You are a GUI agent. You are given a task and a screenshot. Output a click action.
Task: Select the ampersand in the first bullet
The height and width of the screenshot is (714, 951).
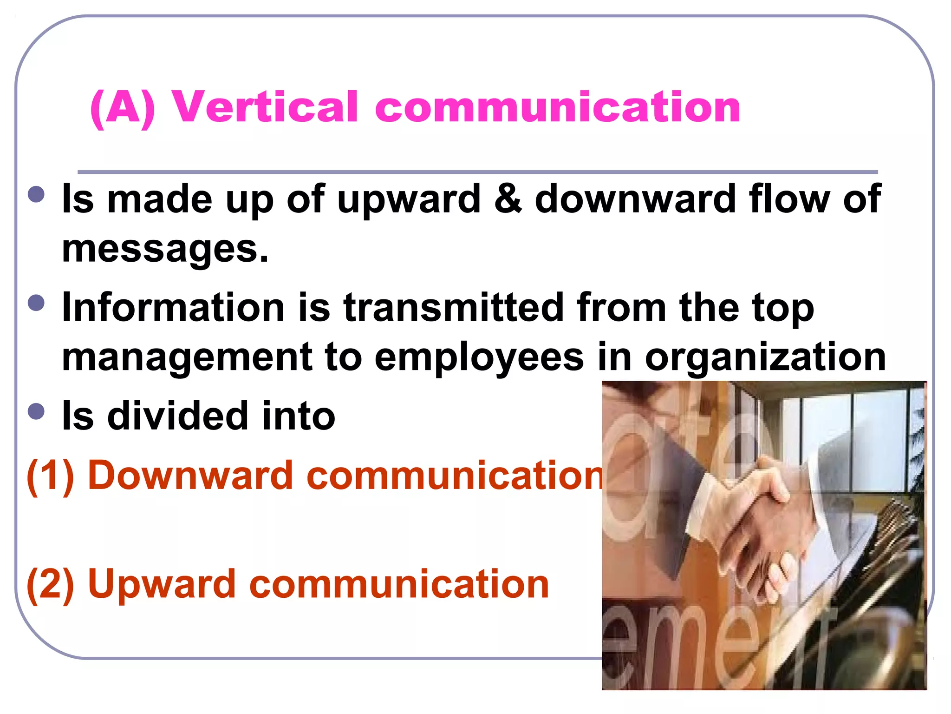[x=507, y=199]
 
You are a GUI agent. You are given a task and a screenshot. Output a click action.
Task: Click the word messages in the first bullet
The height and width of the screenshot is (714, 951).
[x=165, y=249]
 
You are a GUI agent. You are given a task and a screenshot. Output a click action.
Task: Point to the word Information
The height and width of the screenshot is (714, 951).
[x=173, y=307]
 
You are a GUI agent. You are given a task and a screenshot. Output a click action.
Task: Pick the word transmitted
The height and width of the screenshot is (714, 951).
[x=453, y=307]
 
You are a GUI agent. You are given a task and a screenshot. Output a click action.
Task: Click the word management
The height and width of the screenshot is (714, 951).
[x=187, y=358]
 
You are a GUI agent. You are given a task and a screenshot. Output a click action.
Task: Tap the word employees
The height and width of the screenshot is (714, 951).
[x=479, y=358]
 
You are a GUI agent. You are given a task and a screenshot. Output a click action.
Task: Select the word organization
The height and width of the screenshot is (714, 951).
[x=765, y=358]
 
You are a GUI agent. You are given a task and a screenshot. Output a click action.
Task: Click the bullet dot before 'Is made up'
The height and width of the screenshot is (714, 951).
[x=36, y=194]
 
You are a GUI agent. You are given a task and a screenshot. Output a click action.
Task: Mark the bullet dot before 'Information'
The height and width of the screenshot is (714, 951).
[x=36, y=303]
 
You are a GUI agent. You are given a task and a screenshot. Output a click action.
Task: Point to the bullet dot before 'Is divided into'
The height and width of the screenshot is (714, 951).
[x=36, y=411]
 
